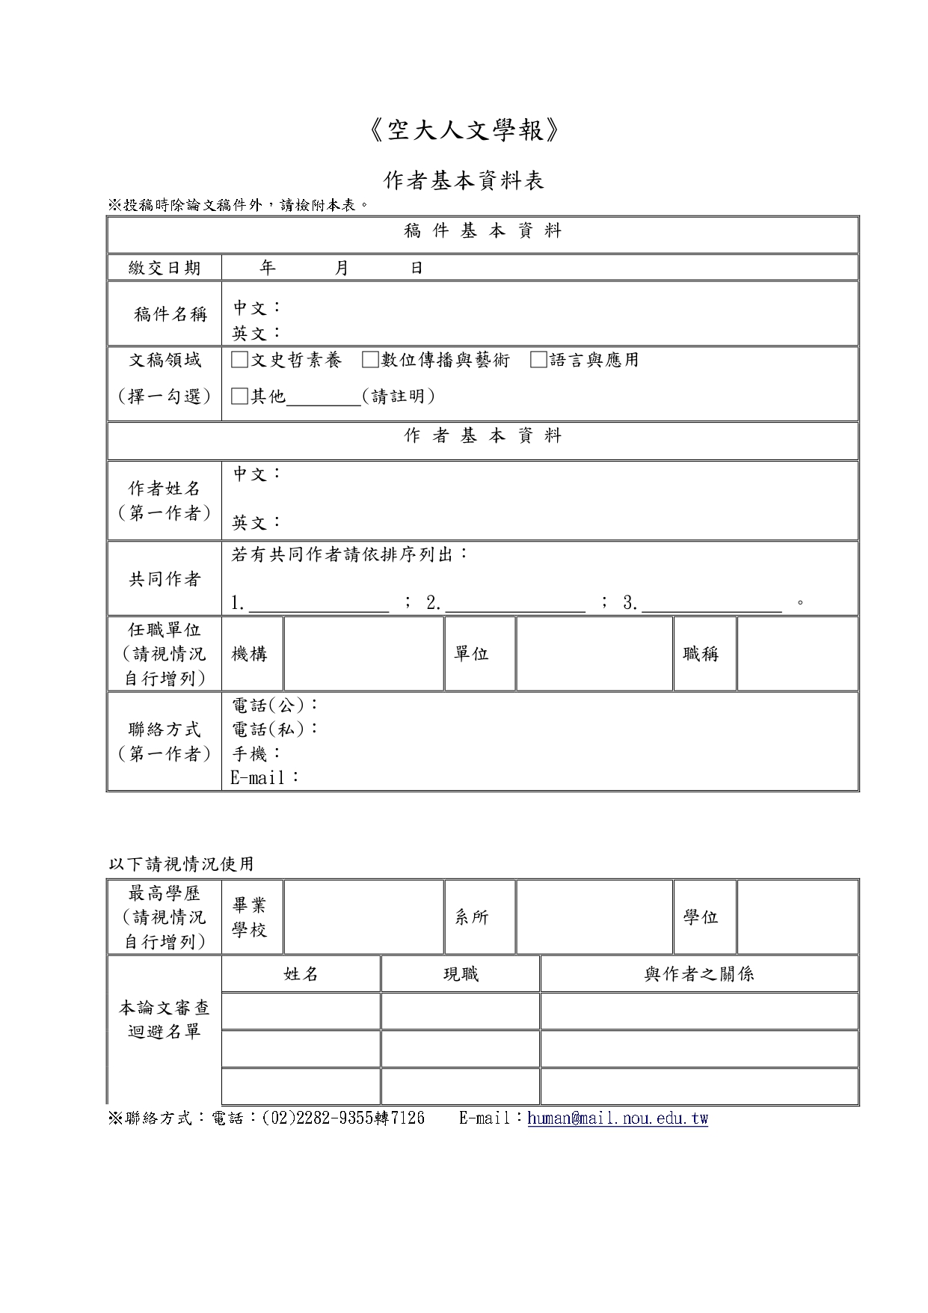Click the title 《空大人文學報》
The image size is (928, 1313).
coord(464,132)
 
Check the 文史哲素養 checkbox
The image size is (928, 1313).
coord(239,360)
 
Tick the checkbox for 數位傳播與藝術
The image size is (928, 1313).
coord(370,360)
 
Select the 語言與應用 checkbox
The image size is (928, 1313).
coord(538,360)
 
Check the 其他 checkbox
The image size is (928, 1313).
coord(239,397)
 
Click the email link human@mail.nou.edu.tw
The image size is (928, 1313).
coord(618,1118)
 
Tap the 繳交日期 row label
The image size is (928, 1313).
coord(165,268)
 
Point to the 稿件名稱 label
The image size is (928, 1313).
coord(170,314)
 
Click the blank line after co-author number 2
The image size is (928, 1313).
coord(515,605)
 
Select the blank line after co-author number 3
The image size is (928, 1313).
coord(712,605)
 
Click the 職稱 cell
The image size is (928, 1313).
coord(701,654)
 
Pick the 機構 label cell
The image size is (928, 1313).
coord(250,654)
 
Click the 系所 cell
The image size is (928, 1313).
coord(472,917)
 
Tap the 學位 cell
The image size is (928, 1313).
coord(701,917)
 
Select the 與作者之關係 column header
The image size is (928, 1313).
coord(699,974)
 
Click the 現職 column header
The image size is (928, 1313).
coord(461,974)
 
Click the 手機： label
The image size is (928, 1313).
coord(256,753)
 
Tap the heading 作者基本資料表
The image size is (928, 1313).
coord(464,180)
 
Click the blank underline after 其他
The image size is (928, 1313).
coord(324,398)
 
